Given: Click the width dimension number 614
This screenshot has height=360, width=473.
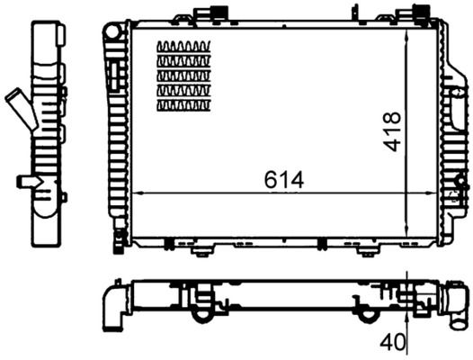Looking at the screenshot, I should pos(285,180).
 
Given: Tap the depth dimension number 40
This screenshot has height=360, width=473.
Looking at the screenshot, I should pos(391,341).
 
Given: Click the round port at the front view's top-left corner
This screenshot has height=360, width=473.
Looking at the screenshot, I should pos(112,31).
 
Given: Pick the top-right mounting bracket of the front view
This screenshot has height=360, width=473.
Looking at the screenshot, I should pos(421,12).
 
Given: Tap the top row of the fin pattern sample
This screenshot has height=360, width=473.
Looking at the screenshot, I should pos(183,47).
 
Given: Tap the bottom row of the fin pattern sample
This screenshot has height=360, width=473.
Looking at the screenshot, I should pos(183,105).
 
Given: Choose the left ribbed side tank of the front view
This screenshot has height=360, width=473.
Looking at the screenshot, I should pos(116,135).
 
